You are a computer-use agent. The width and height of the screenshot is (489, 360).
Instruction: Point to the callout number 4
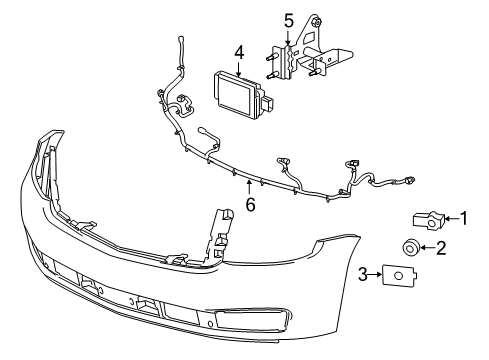pos(239,52)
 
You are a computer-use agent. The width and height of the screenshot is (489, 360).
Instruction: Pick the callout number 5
pos(289,19)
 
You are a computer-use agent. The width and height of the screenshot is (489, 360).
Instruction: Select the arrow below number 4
pos(239,66)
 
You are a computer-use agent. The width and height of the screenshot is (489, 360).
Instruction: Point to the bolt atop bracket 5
pos(316,21)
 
